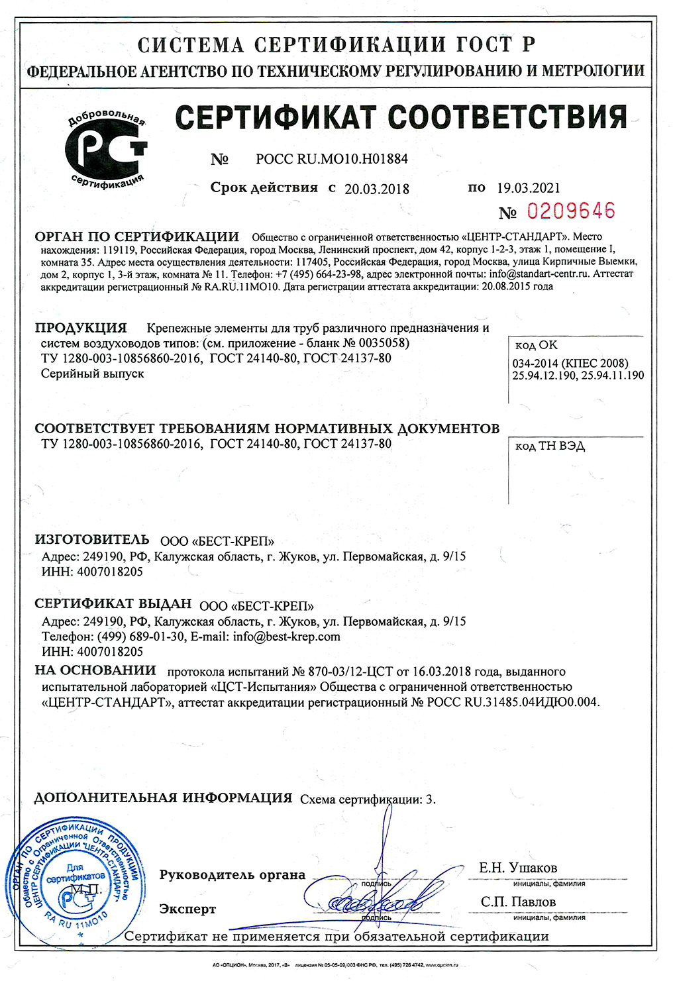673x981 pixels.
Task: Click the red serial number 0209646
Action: [x=570, y=211]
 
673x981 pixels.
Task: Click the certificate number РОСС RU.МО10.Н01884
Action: [x=332, y=159]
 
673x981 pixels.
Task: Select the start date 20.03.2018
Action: [x=377, y=189]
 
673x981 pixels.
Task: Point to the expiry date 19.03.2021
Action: [x=528, y=188]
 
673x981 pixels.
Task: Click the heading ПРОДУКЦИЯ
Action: [x=81, y=328]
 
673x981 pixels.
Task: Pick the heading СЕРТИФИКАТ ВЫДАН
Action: [x=113, y=604]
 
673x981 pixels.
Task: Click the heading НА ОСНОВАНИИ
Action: [x=95, y=670]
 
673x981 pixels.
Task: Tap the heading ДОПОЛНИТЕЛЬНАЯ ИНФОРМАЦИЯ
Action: [x=163, y=798]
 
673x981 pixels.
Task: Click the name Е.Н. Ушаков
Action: [x=518, y=868]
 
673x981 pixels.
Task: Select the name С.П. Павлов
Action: [x=518, y=902]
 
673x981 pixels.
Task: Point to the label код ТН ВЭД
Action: [x=550, y=446]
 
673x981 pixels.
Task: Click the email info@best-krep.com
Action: [x=286, y=637]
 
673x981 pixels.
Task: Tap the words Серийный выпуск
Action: [x=92, y=374]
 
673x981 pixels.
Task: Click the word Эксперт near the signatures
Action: [x=187, y=909]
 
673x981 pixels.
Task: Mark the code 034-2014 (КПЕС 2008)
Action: [x=570, y=363]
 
